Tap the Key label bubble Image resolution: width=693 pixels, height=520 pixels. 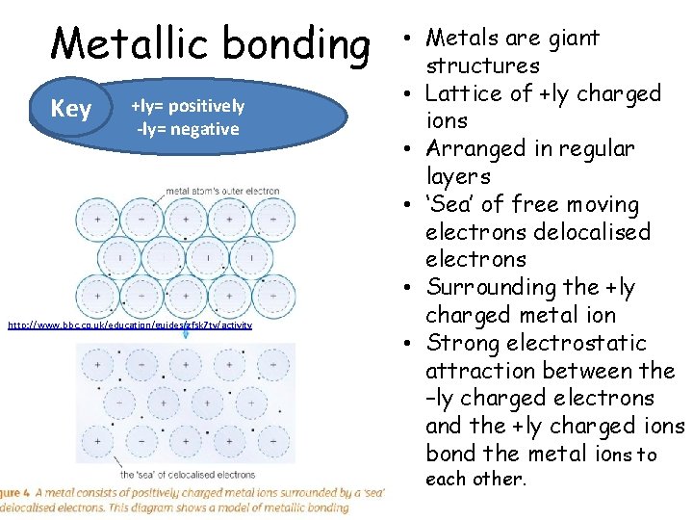tap(70, 109)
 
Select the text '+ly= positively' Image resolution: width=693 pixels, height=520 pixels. tap(188, 106)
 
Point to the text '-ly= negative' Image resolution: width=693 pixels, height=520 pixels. tap(188, 129)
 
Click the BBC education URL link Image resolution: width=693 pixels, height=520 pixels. tap(130, 325)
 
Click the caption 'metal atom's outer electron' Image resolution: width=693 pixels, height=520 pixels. tap(222, 191)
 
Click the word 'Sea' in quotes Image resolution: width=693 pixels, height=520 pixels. tap(451, 205)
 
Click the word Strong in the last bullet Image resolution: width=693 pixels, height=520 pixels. tap(461, 344)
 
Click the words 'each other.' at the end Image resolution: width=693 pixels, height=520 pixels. tap(476, 479)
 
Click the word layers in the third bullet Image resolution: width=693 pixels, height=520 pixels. tap(458, 177)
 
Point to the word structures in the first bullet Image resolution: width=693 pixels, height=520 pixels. tap(482, 66)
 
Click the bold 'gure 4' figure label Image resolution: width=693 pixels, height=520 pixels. tap(14, 492)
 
